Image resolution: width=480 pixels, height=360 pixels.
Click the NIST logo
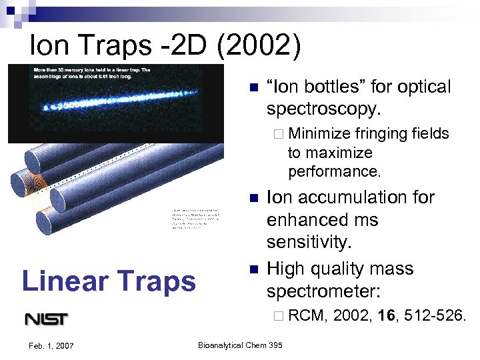click(46, 319)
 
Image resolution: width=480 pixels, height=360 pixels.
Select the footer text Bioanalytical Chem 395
click(240, 345)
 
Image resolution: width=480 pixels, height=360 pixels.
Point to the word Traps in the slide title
click(113, 45)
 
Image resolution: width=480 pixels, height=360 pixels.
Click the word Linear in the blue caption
click(61, 281)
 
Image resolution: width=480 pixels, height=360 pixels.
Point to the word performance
click(334, 171)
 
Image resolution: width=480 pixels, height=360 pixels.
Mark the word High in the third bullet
click(286, 269)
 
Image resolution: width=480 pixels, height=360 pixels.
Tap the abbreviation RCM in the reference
click(307, 315)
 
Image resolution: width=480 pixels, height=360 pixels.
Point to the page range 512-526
click(434, 315)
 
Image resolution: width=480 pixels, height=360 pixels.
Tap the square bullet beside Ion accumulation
click(253, 198)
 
